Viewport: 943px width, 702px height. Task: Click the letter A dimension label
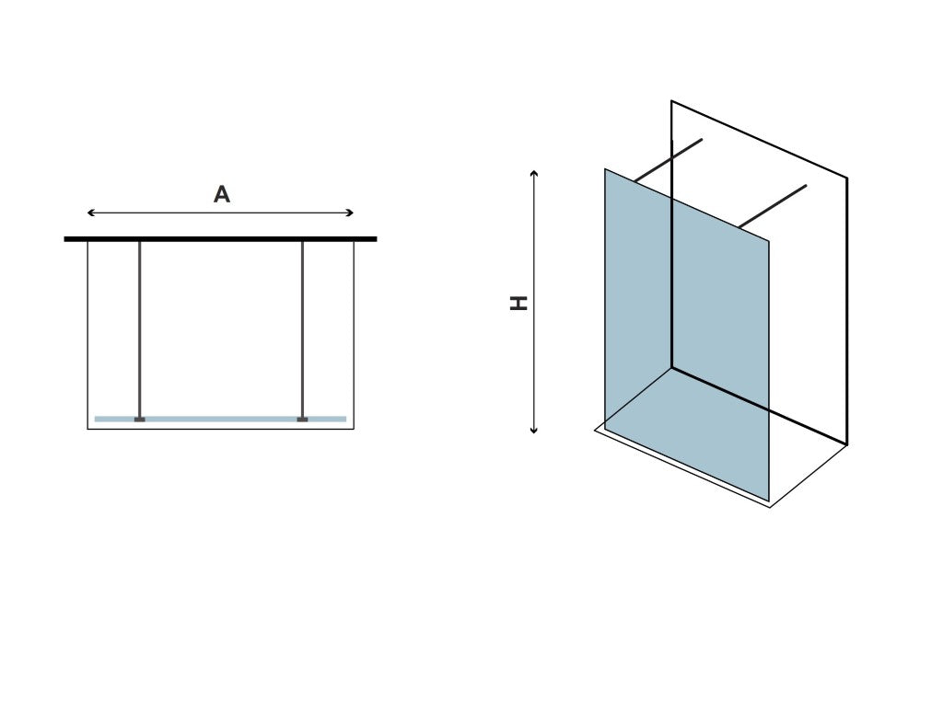coord(222,194)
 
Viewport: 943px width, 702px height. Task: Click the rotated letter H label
coord(518,303)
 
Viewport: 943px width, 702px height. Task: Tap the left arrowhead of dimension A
coord(90,213)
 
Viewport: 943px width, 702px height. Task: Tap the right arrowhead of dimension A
coord(351,213)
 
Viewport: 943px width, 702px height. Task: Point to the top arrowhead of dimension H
coord(533,173)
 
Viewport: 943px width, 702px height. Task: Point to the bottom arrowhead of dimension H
coord(533,431)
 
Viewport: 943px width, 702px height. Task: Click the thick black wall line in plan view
coord(220,239)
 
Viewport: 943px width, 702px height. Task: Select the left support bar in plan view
coord(140,329)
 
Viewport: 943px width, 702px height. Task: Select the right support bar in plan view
coord(302,329)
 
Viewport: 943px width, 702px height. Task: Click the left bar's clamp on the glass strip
coord(140,419)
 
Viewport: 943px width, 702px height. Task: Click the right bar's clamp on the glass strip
coord(302,419)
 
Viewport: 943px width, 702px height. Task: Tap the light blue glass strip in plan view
coord(220,419)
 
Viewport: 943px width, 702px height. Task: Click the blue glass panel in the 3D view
coord(686,334)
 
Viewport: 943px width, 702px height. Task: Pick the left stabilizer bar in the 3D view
coord(669,160)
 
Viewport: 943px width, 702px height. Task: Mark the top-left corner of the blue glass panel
coord(605,169)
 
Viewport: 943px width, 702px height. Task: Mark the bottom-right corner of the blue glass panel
coord(769,501)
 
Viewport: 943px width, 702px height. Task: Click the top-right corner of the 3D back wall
coord(847,178)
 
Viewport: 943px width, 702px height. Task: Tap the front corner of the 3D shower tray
coord(771,508)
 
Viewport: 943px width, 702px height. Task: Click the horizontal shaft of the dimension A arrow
coord(220,213)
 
